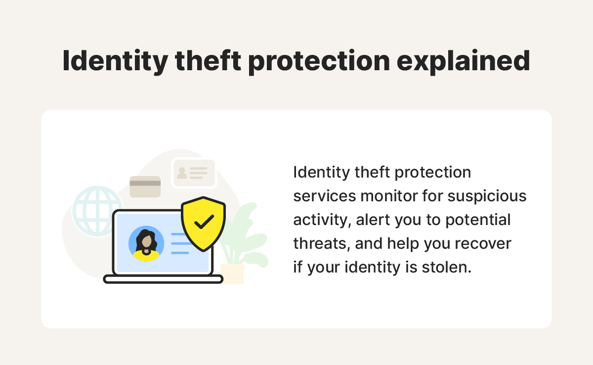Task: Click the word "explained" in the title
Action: click(464, 62)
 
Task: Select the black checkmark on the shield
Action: click(204, 222)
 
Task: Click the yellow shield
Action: click(203, 224)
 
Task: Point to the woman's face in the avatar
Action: click(146, 241)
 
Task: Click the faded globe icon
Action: click(97, 211)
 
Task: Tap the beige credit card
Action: click(145, 187)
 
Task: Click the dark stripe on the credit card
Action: click(145, 183)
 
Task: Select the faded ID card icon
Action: click(194, 173)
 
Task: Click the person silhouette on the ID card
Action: click(182, 173)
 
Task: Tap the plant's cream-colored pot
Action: click(232, 274)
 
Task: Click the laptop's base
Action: click(163, 279)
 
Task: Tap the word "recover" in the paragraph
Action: click(483, 244)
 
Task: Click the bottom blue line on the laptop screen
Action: click(180, 253)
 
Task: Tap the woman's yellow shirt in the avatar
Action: click(146, 256)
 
